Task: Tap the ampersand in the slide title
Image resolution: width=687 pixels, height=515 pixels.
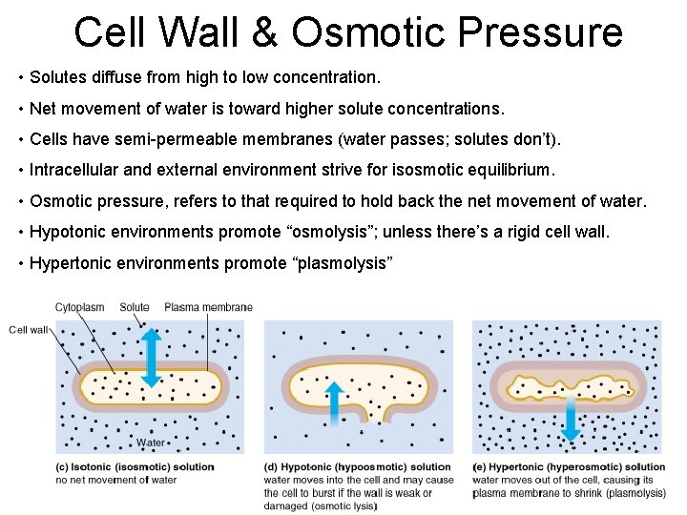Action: click(266, 31)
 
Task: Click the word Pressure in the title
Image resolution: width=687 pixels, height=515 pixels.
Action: click(540, 31)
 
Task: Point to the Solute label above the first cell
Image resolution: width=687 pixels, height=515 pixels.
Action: click(135, 307)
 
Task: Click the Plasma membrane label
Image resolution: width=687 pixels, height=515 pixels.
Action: click(208, 307)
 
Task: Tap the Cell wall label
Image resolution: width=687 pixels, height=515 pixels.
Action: click(30, 330)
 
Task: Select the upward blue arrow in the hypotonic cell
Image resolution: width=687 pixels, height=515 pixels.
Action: click(334, 404)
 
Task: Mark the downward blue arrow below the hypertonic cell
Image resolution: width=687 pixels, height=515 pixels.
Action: click(570, 420)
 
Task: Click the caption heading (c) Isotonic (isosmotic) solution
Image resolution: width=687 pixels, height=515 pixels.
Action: click(134, 467)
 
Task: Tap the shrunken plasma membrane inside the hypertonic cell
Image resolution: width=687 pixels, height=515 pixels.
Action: click(570, 385)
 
